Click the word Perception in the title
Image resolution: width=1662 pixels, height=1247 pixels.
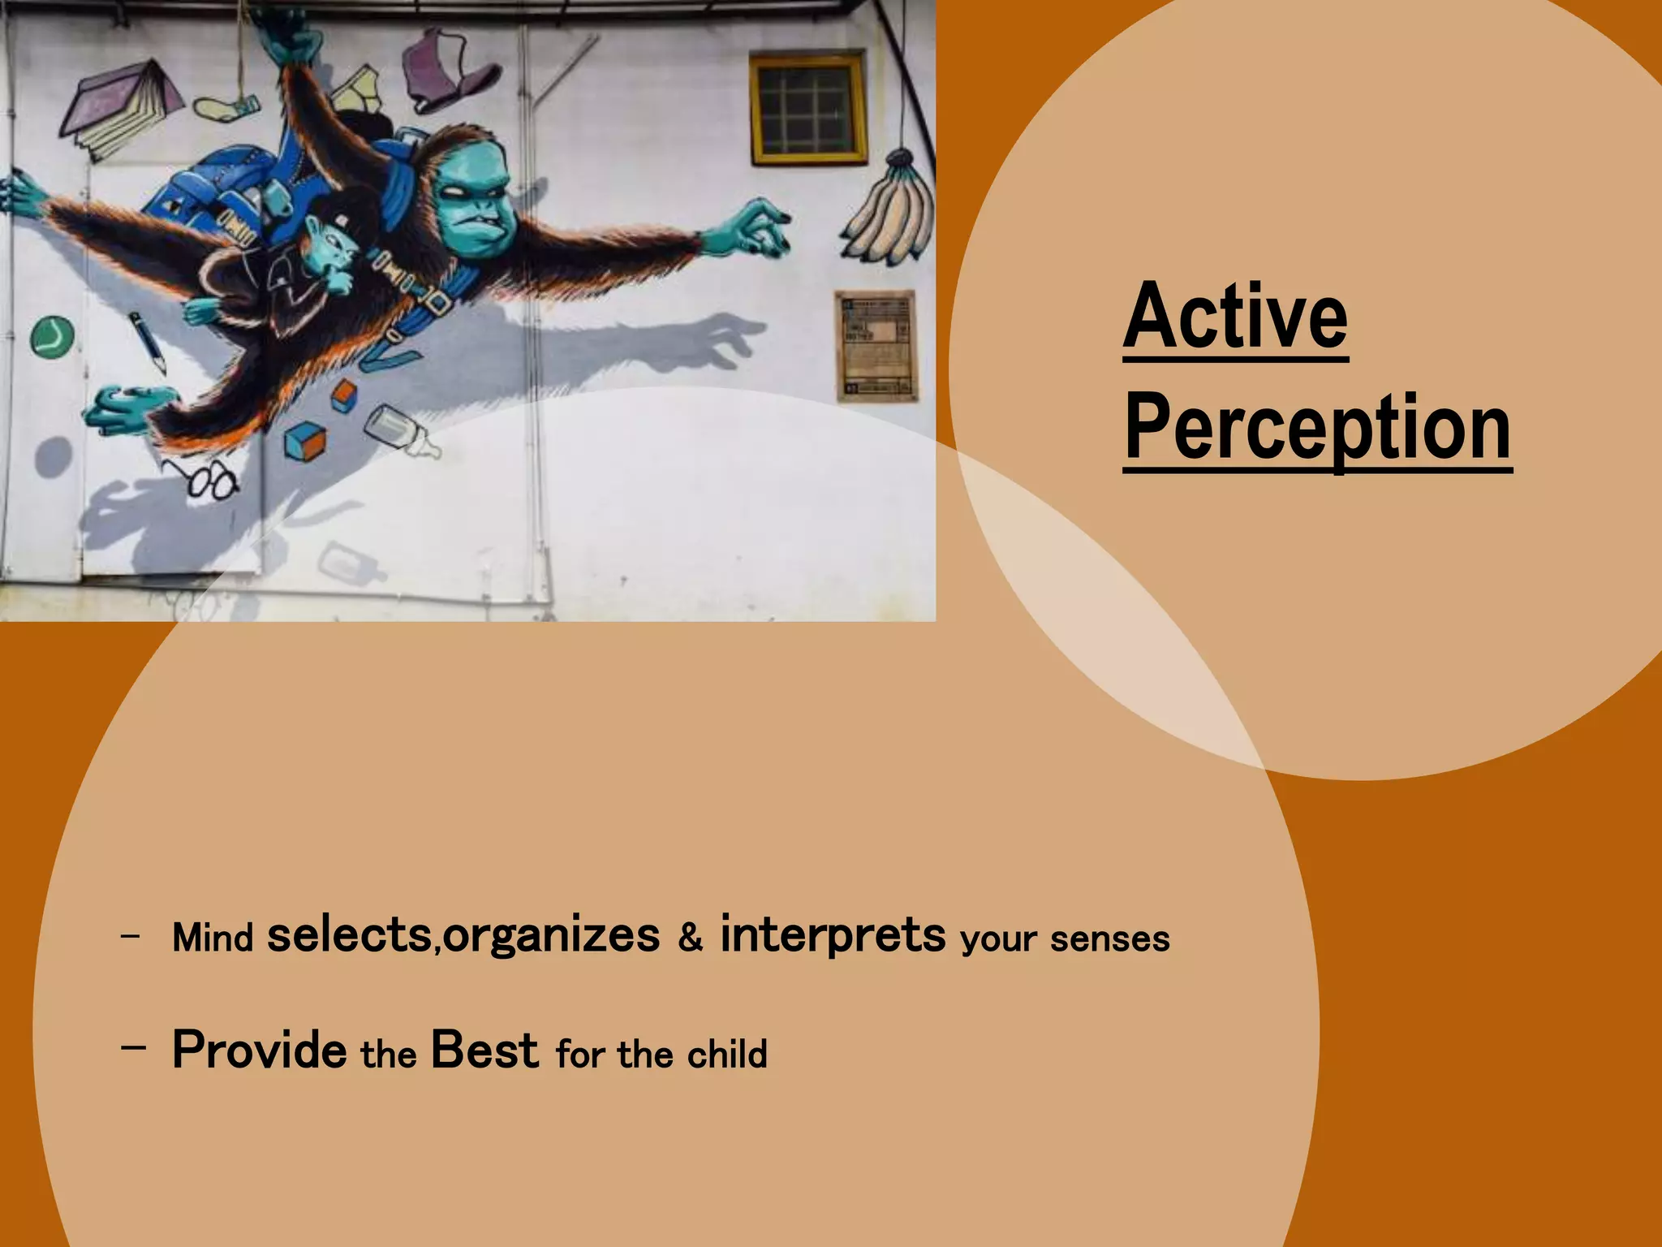click(1317, 428)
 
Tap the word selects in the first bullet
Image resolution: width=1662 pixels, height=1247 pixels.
click(349, 935)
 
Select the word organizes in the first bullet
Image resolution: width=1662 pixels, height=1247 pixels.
click(552, 937)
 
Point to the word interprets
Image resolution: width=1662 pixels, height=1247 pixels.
click(833, 935)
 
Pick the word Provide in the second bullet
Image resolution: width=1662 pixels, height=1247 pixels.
click(260, 1050)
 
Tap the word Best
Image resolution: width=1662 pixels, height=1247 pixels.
click(484, 1050)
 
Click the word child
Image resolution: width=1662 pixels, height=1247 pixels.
click(726, 1055)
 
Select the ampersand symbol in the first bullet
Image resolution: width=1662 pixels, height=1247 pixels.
click(690, 938)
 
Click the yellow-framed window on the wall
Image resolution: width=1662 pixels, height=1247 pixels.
click(807, 108)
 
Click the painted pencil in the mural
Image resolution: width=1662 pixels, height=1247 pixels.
click(148, 341)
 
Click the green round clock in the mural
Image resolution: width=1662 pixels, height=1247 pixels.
click(53, 336)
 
